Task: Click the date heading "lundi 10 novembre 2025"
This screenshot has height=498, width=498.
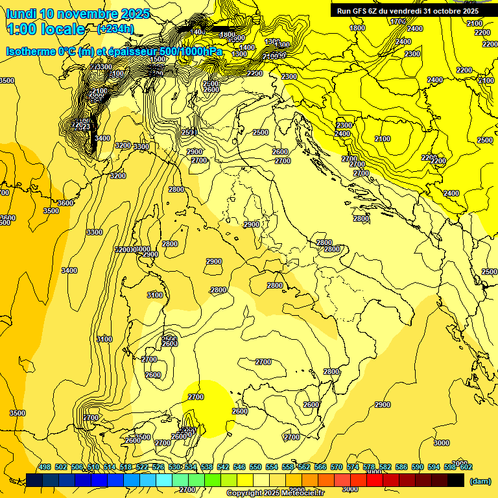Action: (78, 14)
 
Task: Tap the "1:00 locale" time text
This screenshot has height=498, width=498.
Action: (45, 29)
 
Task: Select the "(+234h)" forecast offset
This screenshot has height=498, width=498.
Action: (115, 29)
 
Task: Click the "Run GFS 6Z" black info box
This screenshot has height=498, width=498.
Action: (407, 10)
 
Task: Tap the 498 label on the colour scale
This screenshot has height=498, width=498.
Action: (45, 467)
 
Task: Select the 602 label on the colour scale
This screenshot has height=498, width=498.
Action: (466, 467)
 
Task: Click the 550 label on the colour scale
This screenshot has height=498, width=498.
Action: (255, 467)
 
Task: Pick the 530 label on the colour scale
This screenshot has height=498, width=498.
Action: (174, 467)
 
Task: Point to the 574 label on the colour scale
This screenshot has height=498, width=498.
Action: (353, 467)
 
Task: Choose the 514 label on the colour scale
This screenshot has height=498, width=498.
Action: (110, 467)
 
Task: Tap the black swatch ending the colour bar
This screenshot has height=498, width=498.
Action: (456, 480)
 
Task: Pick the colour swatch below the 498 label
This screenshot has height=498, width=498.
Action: (34, 480)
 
